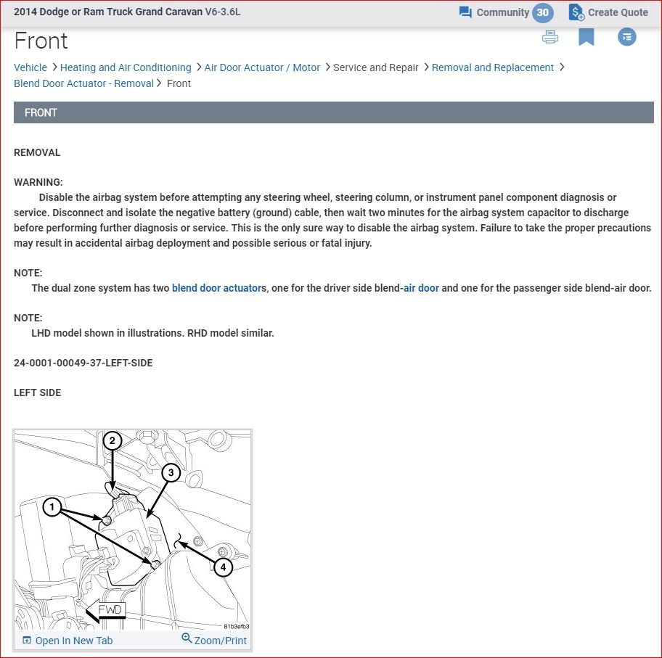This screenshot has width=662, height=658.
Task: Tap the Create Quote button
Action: coord(608,12)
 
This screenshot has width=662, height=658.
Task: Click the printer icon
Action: coord(550,37)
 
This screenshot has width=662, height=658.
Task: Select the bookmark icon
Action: coord(587,37)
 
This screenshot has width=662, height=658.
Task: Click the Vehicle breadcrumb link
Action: coord(30,67)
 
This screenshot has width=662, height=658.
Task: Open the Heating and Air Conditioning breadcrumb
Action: coord(126,67)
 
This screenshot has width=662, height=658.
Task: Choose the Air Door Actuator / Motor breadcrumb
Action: coord(262,67)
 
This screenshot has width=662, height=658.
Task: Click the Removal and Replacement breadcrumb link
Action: coord(493,67)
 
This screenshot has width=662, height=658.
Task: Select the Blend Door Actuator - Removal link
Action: coord(83,83)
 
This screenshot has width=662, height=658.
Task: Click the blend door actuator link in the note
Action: coord(217,288)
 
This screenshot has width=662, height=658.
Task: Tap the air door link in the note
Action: coord(422,288)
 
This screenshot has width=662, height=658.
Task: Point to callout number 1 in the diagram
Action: coord(52,507)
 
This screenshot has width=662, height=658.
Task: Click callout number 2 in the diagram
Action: coord(112,440)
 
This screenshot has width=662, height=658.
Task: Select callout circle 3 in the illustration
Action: coord(171,473)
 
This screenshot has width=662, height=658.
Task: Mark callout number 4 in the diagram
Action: coord(223,566)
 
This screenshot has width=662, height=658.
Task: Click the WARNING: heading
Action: coord(38,182)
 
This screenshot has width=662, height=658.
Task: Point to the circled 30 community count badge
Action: coord(542,12)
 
